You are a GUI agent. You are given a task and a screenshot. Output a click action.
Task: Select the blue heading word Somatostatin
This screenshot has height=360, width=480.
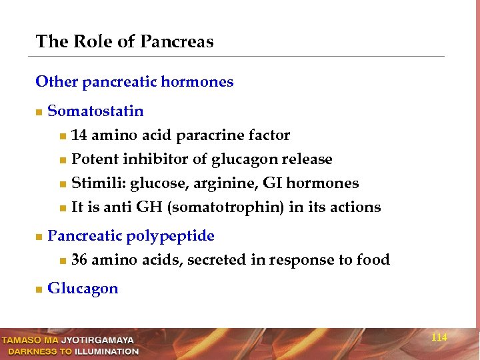95,111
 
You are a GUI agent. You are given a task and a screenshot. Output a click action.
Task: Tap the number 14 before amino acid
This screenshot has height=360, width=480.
79,135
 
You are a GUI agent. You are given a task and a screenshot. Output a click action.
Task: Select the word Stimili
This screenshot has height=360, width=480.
98,183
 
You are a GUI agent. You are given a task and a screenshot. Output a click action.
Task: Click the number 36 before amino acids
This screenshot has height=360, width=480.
79,260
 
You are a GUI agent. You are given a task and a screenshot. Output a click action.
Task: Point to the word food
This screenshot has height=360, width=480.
373,260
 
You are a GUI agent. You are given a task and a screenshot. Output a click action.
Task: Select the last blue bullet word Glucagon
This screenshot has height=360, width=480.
83,289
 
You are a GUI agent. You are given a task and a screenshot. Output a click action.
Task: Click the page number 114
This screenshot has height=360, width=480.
439,338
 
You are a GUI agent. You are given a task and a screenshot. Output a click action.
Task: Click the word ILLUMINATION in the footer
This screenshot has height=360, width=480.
107,351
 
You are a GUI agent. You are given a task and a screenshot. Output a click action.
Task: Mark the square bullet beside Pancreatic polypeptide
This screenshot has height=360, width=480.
39,237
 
